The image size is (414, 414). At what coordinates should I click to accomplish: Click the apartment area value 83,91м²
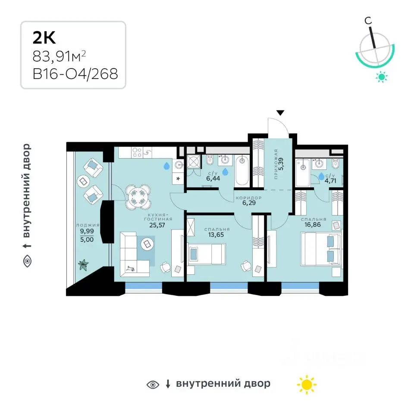59,56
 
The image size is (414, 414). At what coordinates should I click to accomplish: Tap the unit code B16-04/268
75,74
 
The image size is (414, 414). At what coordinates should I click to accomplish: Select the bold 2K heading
44,38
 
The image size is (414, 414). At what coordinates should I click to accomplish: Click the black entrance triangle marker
280,113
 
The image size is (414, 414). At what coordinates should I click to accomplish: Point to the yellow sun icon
307,384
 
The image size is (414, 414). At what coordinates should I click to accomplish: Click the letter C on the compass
368,21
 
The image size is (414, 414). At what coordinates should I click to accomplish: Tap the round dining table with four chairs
138,197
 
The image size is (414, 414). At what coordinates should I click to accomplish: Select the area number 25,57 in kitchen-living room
157,225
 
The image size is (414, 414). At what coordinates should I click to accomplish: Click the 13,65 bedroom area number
216,235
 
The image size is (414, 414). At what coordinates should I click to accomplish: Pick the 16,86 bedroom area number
312,225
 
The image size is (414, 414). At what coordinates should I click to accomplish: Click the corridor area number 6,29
249,203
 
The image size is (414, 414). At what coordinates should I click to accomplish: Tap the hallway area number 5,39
281,163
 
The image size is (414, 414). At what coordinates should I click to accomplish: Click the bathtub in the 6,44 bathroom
242,171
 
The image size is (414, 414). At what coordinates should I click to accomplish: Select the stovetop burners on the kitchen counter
137,153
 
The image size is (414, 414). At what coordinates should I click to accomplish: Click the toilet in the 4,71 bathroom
336,164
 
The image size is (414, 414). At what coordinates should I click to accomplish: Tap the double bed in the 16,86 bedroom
321,248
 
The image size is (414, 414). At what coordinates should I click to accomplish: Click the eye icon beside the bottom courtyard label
153,385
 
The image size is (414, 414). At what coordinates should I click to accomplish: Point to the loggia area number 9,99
87,231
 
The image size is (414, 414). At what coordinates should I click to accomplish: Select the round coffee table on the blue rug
147,244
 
